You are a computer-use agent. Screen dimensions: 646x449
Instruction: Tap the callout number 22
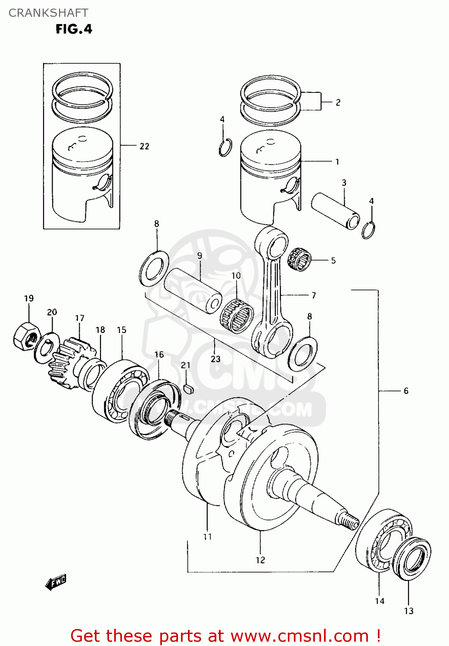pos(144,146)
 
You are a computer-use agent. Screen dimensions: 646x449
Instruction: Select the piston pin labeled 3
pos(335,211)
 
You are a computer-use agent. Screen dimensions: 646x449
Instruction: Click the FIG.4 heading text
pos(74,29)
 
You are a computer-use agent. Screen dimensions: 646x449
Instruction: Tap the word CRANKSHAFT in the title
pos(48,13)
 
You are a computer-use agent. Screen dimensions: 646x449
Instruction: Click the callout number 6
pos(406,391)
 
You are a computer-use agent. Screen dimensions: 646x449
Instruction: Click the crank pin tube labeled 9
pos(193,291)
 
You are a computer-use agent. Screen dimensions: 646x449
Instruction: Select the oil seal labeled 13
pos(413,559)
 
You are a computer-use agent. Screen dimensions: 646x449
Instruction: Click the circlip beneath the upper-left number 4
pos(225,148)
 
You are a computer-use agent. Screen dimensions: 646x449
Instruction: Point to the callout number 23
pos(215,359)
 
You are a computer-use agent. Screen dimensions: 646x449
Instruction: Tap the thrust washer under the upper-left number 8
pos(154,269)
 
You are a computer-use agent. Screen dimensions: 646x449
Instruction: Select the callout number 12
pos(260,560)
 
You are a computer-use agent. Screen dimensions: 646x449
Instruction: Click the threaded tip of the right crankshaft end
pos(349,522)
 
